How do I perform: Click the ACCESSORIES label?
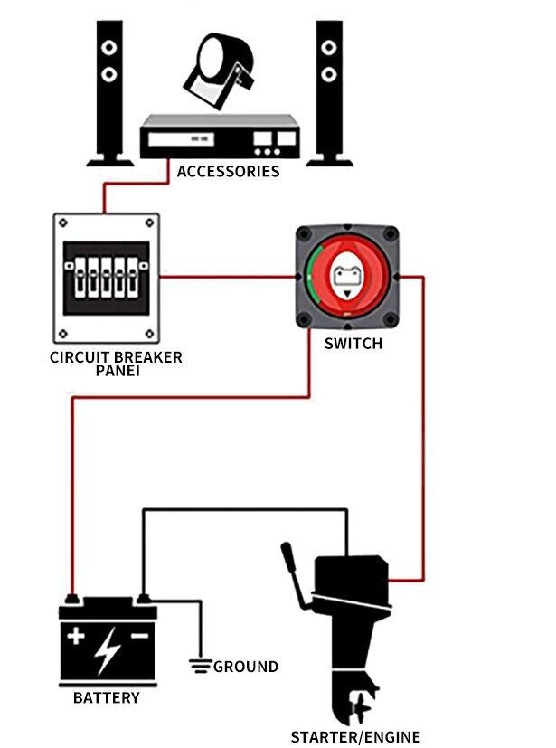228,171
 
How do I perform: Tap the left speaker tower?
108,90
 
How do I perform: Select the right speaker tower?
329,90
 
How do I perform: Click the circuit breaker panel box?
107,277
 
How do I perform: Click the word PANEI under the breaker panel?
116,371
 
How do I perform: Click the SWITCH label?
353,344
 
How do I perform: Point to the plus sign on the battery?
77,637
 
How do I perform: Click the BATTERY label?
107,698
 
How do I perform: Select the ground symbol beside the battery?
200,668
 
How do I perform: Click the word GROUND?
246,668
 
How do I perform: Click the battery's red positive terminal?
71,598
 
